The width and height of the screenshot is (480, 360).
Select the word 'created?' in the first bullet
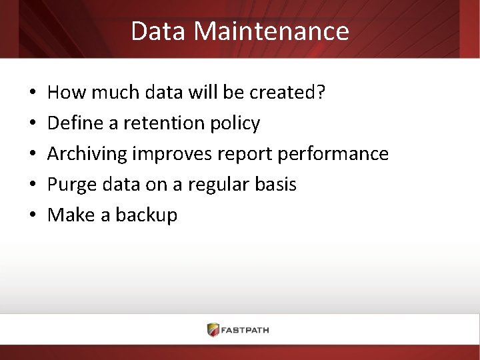287,93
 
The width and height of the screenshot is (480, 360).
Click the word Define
73,123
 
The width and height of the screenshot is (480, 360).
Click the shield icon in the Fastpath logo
213,329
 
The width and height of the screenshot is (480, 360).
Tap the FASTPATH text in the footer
246,330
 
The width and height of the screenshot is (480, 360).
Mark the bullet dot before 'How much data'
33,93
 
